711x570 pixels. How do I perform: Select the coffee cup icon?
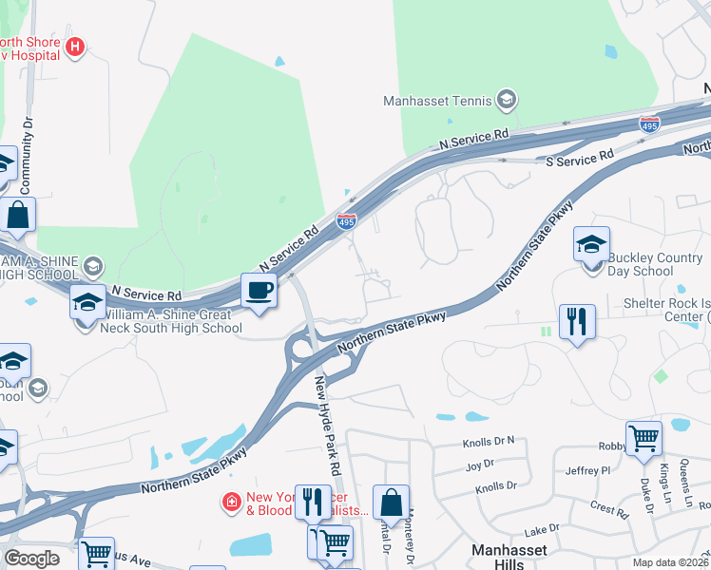(258, 291)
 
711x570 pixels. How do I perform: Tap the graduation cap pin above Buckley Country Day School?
(591, 245)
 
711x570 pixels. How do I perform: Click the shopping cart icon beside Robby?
(644, 439)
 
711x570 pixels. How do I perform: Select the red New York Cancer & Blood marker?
(230, 501)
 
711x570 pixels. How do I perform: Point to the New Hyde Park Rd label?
(328, 424)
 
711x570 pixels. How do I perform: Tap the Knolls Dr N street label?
(489, 441)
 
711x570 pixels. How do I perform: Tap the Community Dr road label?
(28, 143)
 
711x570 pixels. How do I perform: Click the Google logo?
(31, 559)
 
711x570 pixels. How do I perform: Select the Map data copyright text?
(670, 562)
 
